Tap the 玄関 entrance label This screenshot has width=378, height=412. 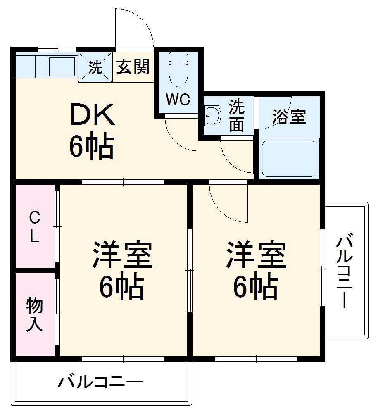click(x=132, y=67)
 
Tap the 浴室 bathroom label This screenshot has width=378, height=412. click(x=289, y=117)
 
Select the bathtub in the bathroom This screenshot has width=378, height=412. click(x=290, y=158)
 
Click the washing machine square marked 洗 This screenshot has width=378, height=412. click(x=95, y=67)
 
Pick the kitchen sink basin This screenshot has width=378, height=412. click(x=62, y=66)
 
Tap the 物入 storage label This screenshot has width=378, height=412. click(x=34, y=314)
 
